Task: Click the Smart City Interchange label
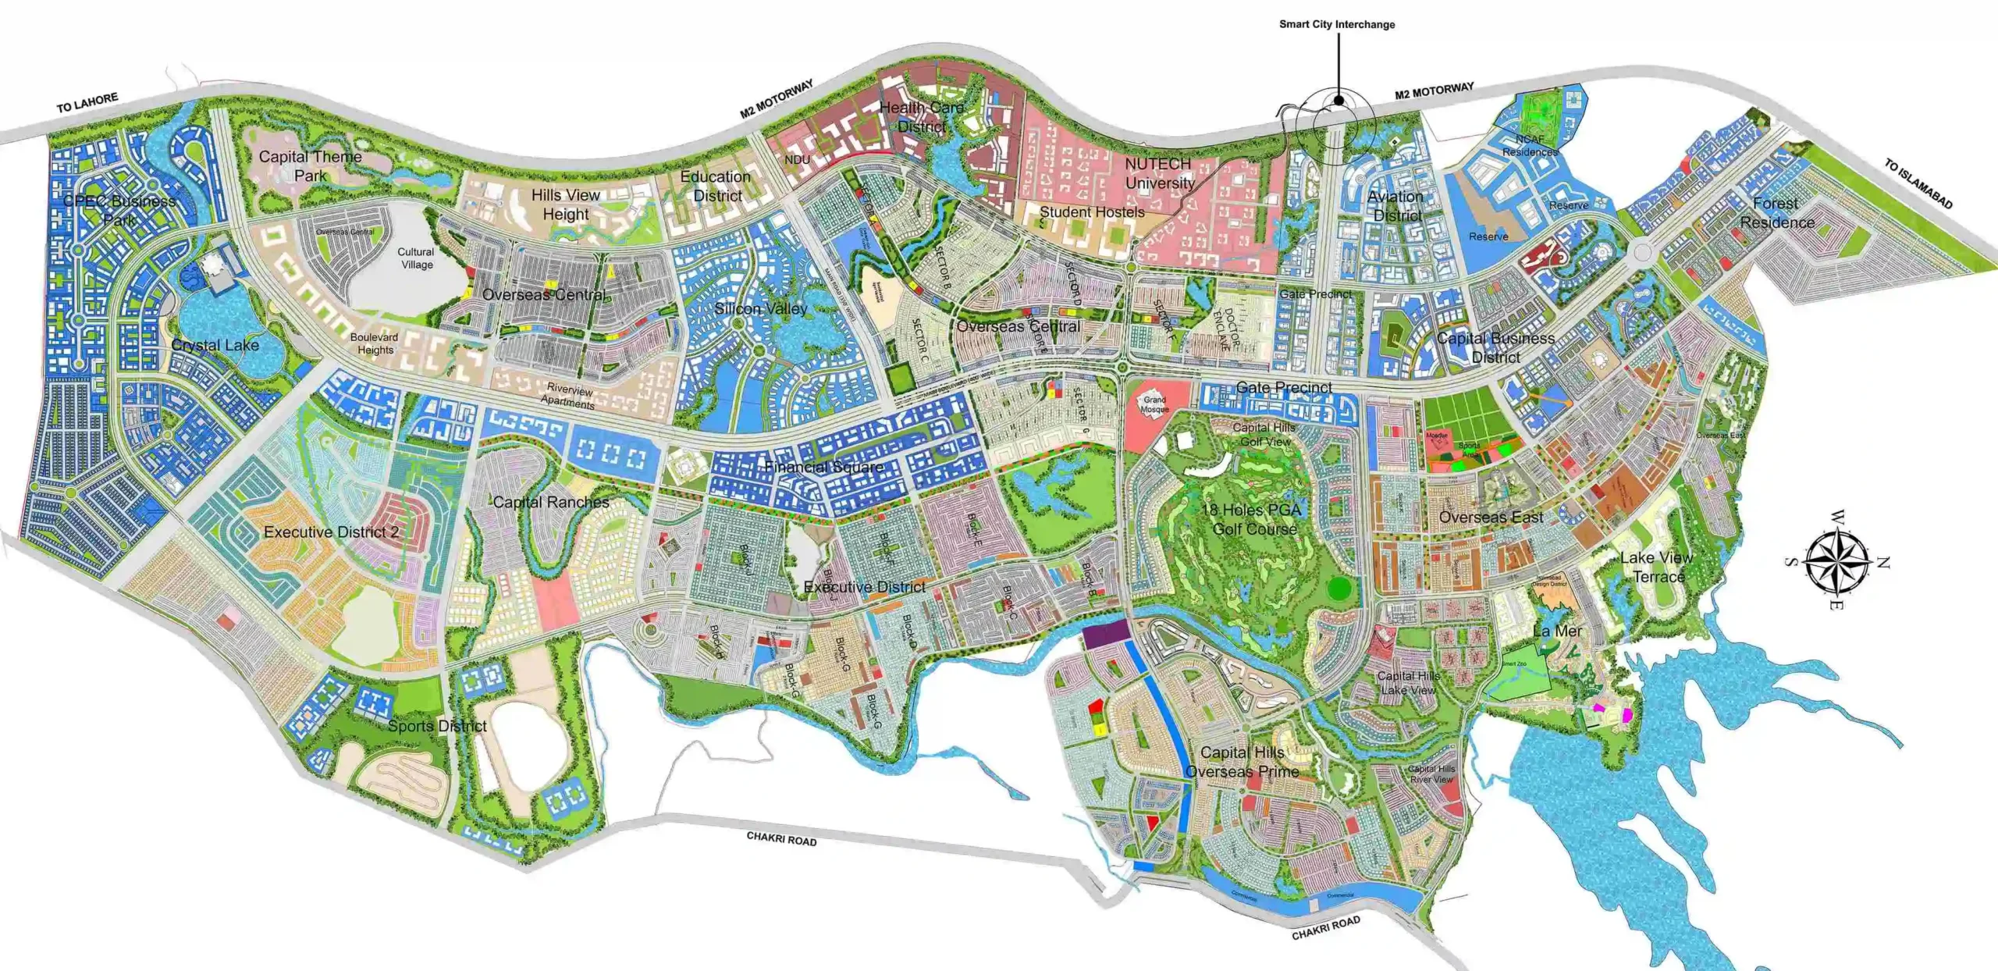(x=1336, y=24)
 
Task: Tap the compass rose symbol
(x=1837, y=560)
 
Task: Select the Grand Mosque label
(x=1154, y=404)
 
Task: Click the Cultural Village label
(x=416, y=258)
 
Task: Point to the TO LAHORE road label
(x=87, y=103)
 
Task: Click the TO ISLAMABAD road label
(x=1918, y=184)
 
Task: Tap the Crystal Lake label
(x=215, y=345)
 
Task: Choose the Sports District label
(x=437, y=726)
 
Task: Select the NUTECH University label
(x=1159, y=173)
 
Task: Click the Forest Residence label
(x=1776, y=212)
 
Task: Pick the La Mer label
(x=1557, y=631)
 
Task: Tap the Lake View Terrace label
(x=1656, y=567)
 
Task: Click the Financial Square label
(x=824, y=467)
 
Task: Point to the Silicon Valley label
(x=761, y=309)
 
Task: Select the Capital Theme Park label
(x=310, y=165)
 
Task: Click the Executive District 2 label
(x=331, y=532)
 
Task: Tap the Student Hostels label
(x=1092, y=212)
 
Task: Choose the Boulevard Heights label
(x=375, y=343)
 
